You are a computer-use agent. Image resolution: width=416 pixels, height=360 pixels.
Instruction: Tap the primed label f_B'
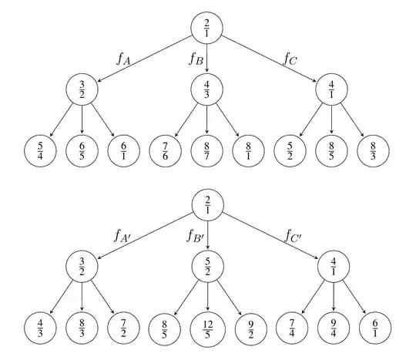click(x=194, y=235)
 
